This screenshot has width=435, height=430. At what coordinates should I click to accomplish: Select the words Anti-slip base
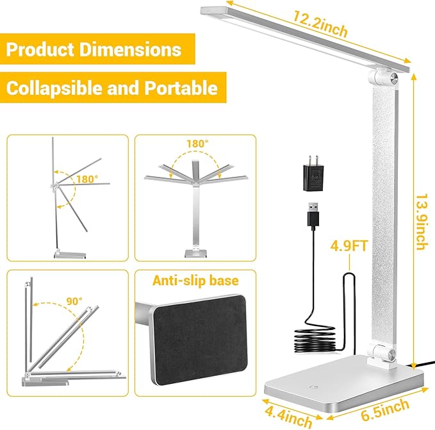click(x=194, y=281)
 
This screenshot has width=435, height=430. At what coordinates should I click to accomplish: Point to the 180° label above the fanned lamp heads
click(x=197, y=144)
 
